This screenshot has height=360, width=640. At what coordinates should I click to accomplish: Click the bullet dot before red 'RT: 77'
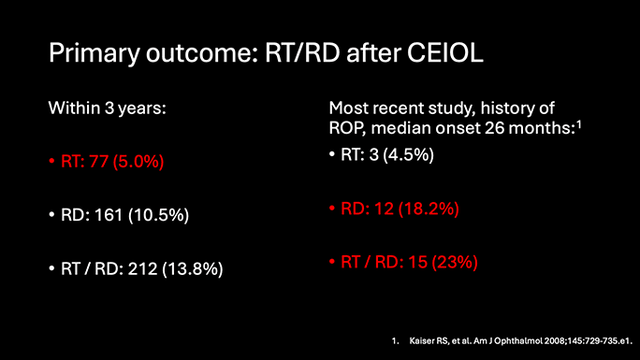tap(52, 162)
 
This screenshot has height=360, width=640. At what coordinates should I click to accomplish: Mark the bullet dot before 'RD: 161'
tap(52, 216)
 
